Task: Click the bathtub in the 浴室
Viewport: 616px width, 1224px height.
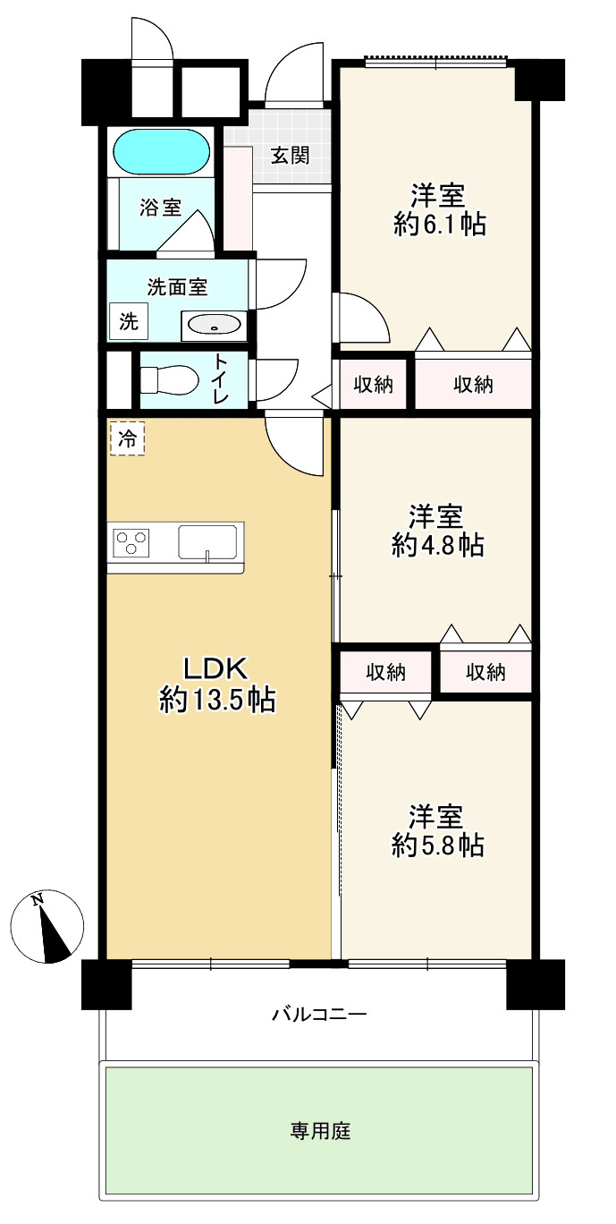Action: (162, 151)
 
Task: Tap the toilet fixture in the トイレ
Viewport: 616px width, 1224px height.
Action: (171, 379)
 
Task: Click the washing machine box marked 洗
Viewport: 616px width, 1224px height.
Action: (129, 322)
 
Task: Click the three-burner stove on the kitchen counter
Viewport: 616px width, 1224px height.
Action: (131, 542)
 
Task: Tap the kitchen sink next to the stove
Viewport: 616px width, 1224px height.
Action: (207, 542)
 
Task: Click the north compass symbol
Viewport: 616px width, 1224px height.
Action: (48, 927)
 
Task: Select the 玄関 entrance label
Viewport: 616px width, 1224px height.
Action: (291, 156)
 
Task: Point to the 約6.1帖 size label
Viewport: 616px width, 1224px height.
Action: (439, 225)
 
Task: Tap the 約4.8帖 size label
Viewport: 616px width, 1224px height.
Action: (437, 546)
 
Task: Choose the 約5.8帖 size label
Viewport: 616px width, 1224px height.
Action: (437, 846)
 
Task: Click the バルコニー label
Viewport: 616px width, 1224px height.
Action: (319, 1015)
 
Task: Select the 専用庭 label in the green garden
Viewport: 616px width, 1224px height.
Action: (320, 1132)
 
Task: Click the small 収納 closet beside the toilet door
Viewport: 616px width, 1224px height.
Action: (373, 385)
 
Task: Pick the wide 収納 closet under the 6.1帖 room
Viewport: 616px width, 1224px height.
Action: (473, 385)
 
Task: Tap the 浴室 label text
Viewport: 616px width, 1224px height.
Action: (160, 208)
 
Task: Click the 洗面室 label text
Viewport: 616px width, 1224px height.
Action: (177, 287)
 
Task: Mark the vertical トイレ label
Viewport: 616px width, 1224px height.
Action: (220, 379)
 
